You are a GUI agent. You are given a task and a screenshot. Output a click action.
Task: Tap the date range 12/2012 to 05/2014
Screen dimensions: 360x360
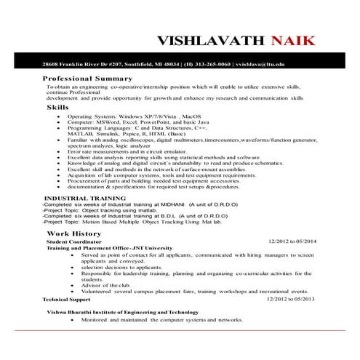coord(293,241)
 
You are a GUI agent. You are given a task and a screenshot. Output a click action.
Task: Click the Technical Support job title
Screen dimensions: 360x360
coord(66,299)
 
